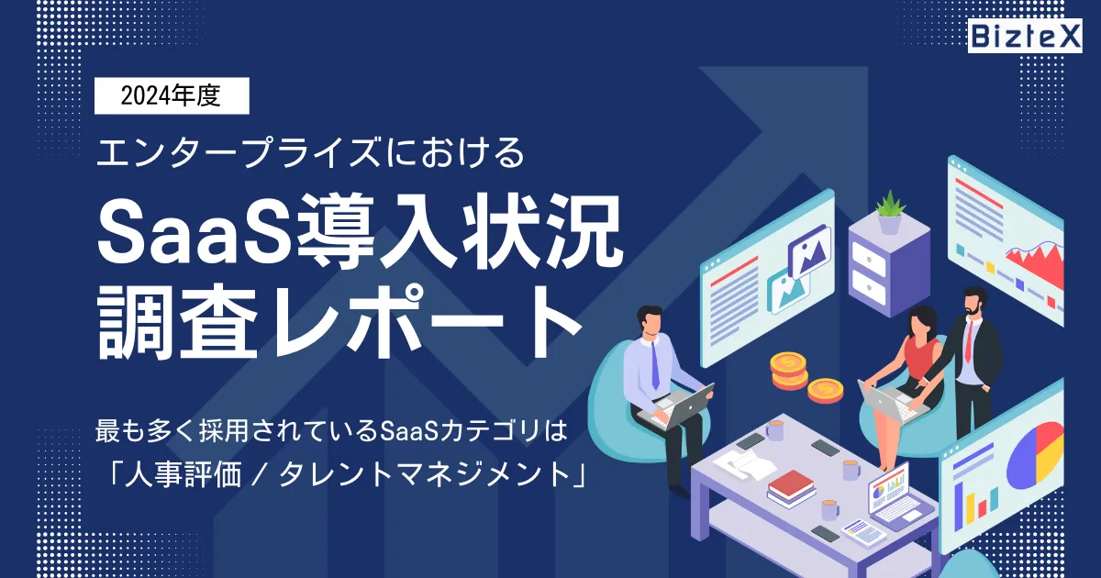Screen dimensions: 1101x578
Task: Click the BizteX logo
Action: [x=1025, y=36]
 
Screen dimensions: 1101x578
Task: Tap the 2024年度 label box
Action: [x=172, y=95]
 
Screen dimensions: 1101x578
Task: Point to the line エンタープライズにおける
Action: [x=311, y=153]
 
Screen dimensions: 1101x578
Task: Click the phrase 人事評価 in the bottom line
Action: [x=183, y=475]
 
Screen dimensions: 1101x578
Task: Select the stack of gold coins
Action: [x=789, y=371]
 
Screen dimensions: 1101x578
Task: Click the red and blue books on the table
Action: [x=791, y=488]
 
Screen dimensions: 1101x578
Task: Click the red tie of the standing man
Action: [x=968, y=340]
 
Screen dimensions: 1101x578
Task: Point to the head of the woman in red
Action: [x=920, y=322]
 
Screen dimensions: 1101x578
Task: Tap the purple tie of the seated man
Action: [x=654, y=365]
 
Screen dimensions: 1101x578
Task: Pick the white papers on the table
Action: [x=739, y=463]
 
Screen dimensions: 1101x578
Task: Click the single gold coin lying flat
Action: [x=825, y=390]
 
